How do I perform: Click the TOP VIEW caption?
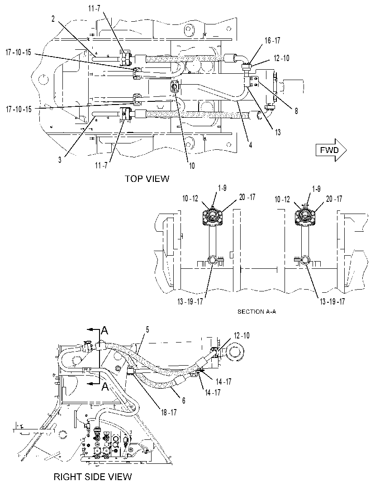point(147,179)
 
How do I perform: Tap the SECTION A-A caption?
point(256,311)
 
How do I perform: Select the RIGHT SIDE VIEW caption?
point(93,476)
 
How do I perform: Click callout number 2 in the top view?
point(53,19)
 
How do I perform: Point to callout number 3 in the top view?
point(60,160)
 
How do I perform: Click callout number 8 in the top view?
point(296,111)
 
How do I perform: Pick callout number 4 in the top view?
point(251,144)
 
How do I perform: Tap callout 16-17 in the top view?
point(272,41)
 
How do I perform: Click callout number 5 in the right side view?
point(147,329)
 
